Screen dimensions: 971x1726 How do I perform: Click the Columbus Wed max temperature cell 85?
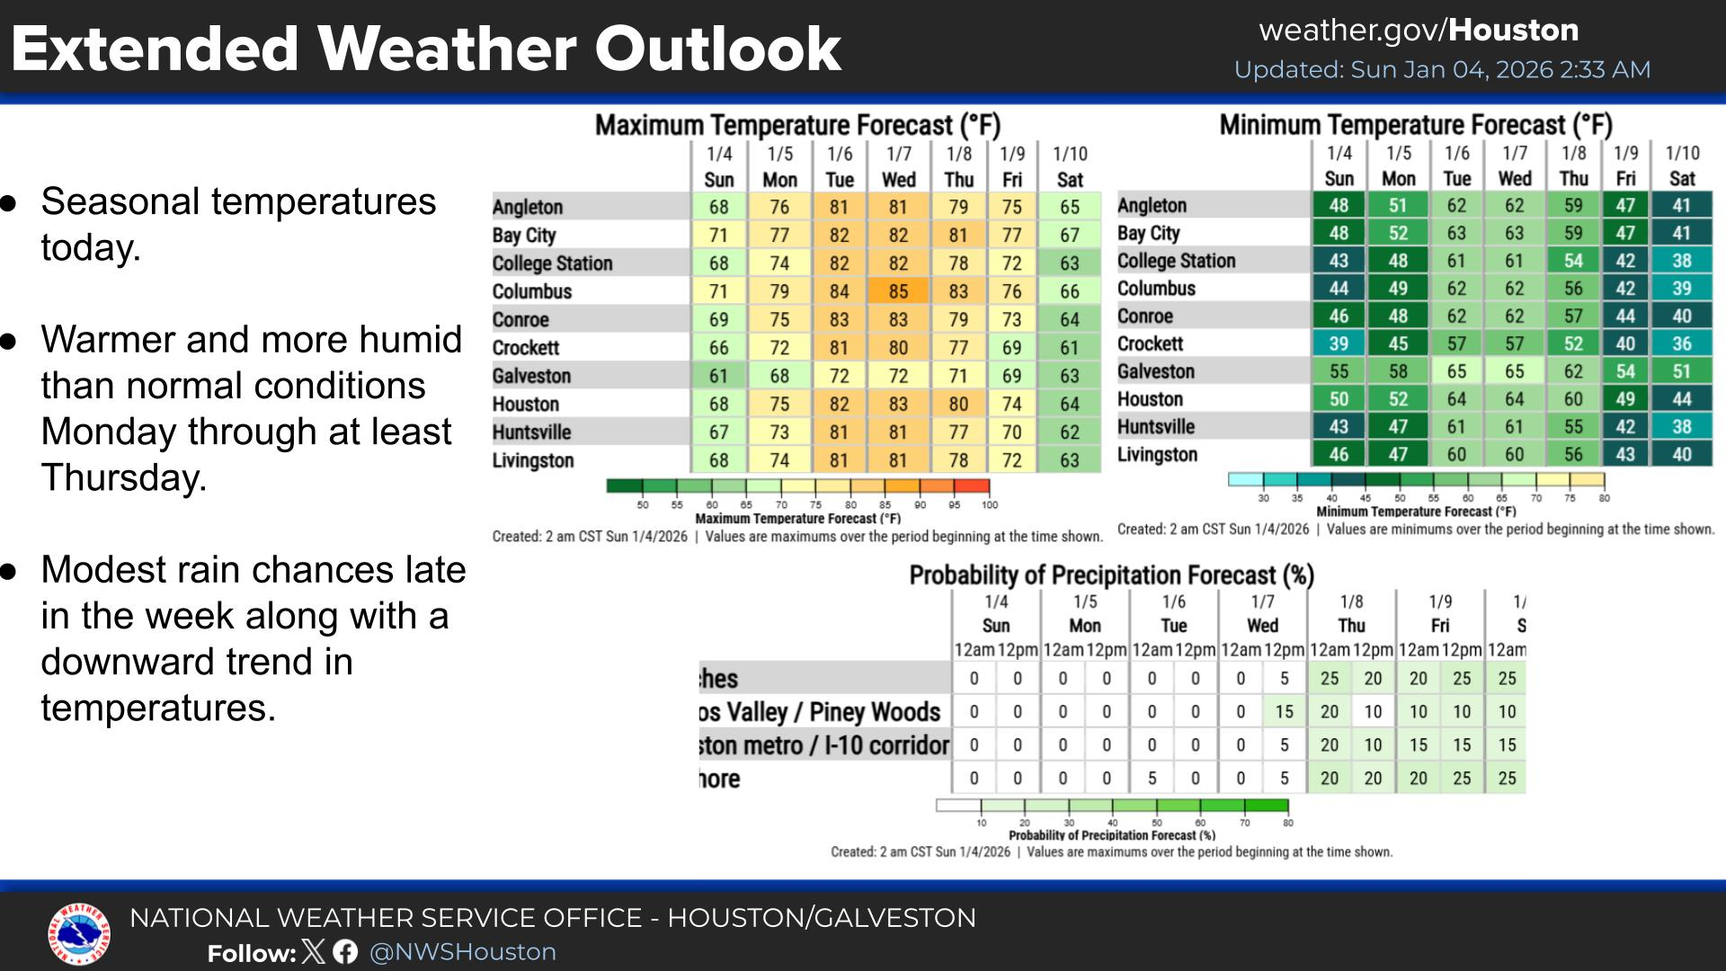point(898,291)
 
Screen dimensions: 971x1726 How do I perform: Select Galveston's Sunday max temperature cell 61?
point(718,376)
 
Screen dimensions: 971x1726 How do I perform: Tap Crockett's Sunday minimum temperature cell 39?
point(1339,343)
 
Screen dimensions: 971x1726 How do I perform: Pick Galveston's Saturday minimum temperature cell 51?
point(1681,371)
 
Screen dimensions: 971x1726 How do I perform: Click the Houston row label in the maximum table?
point(526,404)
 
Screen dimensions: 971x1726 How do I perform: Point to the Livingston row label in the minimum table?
point(1157,454)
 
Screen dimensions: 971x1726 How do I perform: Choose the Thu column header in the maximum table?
point(958,180)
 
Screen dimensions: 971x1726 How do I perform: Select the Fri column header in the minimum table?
point(1625,178)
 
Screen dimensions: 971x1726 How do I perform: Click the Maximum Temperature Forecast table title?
point(797,125)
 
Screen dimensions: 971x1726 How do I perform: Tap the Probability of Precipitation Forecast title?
point(1111,575)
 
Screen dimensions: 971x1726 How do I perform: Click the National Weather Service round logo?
point(79,934)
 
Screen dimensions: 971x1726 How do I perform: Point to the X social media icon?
point(314,951)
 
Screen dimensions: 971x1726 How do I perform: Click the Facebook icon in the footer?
point(345,951)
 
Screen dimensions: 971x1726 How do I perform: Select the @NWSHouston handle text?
point(463,952)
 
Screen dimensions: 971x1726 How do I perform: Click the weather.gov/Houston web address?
point(1419,31)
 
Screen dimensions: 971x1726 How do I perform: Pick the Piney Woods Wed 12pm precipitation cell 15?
point(1284,711)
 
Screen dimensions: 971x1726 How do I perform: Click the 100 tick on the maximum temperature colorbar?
point(989,504)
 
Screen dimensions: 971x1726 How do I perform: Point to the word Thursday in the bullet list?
point(124,477)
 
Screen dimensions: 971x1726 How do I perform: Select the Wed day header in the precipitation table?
point(1262,626)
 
